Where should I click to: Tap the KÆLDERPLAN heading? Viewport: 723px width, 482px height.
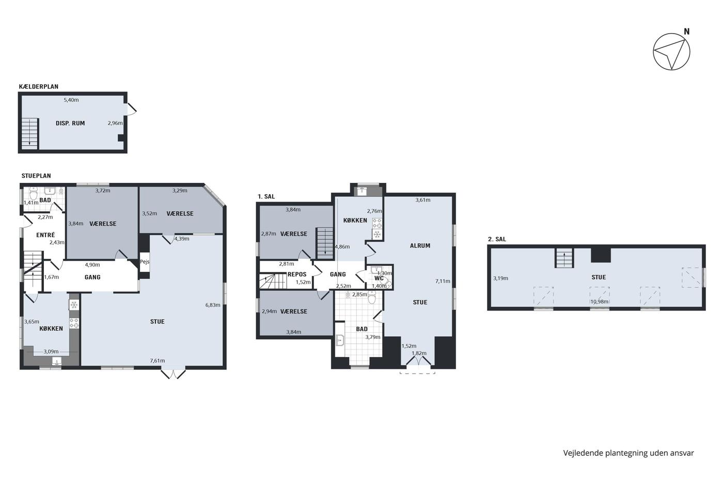[x=39, y=86]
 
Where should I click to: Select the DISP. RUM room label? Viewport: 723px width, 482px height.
[x=70, y=123]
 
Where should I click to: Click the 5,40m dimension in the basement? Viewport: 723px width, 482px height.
[x=71, y=100]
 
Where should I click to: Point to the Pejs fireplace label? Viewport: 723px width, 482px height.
[x=145, y=261]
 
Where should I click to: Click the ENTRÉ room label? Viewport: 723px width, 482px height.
[x=45, y=235]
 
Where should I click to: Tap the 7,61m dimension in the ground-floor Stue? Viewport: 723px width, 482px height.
[x=158, y=361]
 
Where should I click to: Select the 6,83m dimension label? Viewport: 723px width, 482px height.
[x=213, y=305]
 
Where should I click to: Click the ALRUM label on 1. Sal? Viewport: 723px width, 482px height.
[x=420, y=246]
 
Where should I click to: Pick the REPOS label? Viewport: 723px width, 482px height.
[x=297, y=274]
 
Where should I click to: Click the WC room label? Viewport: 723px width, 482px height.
[x=379, y=278]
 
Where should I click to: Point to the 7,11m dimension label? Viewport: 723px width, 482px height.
[x=443, y=281]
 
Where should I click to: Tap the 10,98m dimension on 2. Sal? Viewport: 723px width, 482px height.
[x=600, y=302]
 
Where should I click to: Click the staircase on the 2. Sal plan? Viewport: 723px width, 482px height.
[x=564, y=258]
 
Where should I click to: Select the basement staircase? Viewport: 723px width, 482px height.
[x=30, y=133]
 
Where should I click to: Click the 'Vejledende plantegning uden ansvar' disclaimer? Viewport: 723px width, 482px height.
[x=629, y=453]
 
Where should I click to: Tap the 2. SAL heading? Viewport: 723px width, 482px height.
[x=497, y=239]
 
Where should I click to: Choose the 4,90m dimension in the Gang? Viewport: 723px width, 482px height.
[x=92, y=265]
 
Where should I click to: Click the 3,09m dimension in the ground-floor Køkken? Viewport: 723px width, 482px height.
[x=51, y=352]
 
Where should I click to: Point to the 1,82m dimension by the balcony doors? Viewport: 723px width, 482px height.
[x=419, y=353]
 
